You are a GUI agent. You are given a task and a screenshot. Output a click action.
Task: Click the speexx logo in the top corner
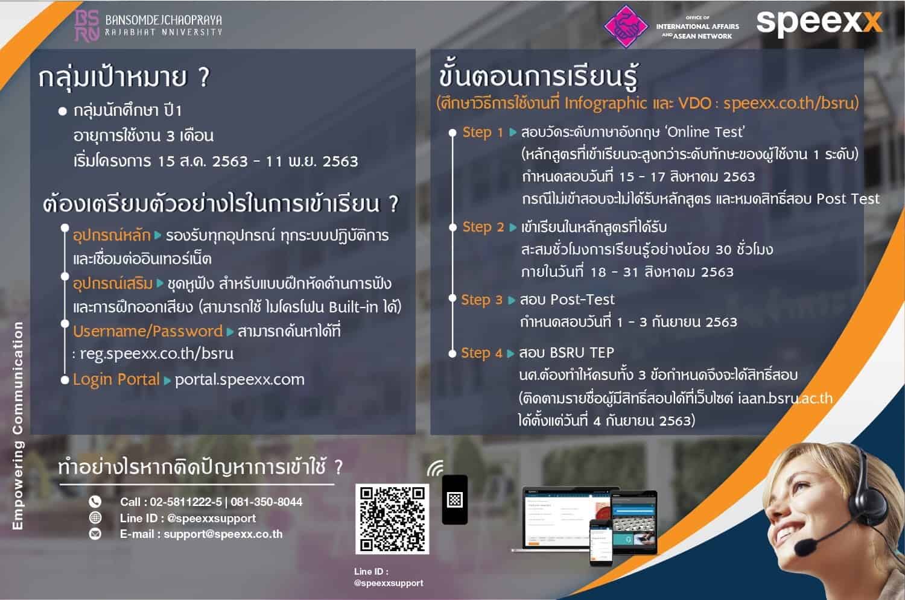click(819, 24)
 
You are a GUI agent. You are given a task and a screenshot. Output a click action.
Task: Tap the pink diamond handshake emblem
click(626, 27)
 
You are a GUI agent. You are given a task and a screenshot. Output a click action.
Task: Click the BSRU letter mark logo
click(87, 26)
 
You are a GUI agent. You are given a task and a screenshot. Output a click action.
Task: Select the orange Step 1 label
click(483, 133)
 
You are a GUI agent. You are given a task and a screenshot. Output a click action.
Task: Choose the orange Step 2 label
click(483, 227)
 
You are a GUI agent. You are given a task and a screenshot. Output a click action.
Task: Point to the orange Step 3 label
click(482, 300)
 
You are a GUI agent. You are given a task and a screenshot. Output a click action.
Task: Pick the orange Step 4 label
click(482, 353)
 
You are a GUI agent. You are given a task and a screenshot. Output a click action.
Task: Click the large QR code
click(392, 519)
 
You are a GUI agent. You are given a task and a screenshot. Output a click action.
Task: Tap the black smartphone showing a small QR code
click(455, 500)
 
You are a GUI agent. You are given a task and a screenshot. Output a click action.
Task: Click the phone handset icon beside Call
click(95, 502)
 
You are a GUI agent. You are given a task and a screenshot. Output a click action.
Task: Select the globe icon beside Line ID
click(95, 517)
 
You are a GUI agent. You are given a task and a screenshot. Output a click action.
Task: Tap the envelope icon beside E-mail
click(95, 534)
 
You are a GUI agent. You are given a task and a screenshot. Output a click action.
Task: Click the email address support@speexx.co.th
click(223, 534)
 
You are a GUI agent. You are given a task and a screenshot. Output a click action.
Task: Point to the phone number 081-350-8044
click(266, 502)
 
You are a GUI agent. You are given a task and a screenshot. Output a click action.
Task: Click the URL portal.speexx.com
click(240, 380)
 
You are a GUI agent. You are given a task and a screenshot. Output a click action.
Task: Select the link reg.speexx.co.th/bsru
click(157, 354)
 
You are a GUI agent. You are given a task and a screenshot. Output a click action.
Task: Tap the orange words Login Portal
click(116, 380)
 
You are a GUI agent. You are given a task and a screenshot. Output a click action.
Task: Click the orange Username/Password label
click(148, 332)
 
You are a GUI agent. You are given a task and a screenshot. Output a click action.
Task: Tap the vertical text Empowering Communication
click(17, 426)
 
